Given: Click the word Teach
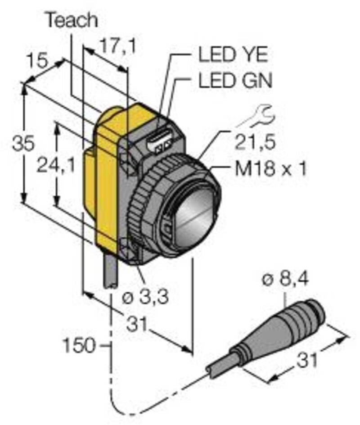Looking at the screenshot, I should [x=72, y=20].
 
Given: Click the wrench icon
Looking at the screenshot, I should [x=256, y=116].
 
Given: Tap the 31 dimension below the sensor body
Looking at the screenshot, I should [x=138, y=324].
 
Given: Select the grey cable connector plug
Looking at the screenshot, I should [x=279, y=329].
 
